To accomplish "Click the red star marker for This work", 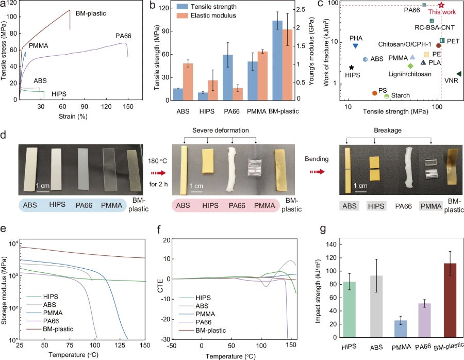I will pyautogui.click(x=441, y=5).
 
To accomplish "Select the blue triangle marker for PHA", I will pyautogui.click(x=355, y=46).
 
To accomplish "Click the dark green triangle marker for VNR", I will pyautogui.click(x=458, y=74).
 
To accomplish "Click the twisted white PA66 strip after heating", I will pyautogui.click(x=235, y=165).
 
